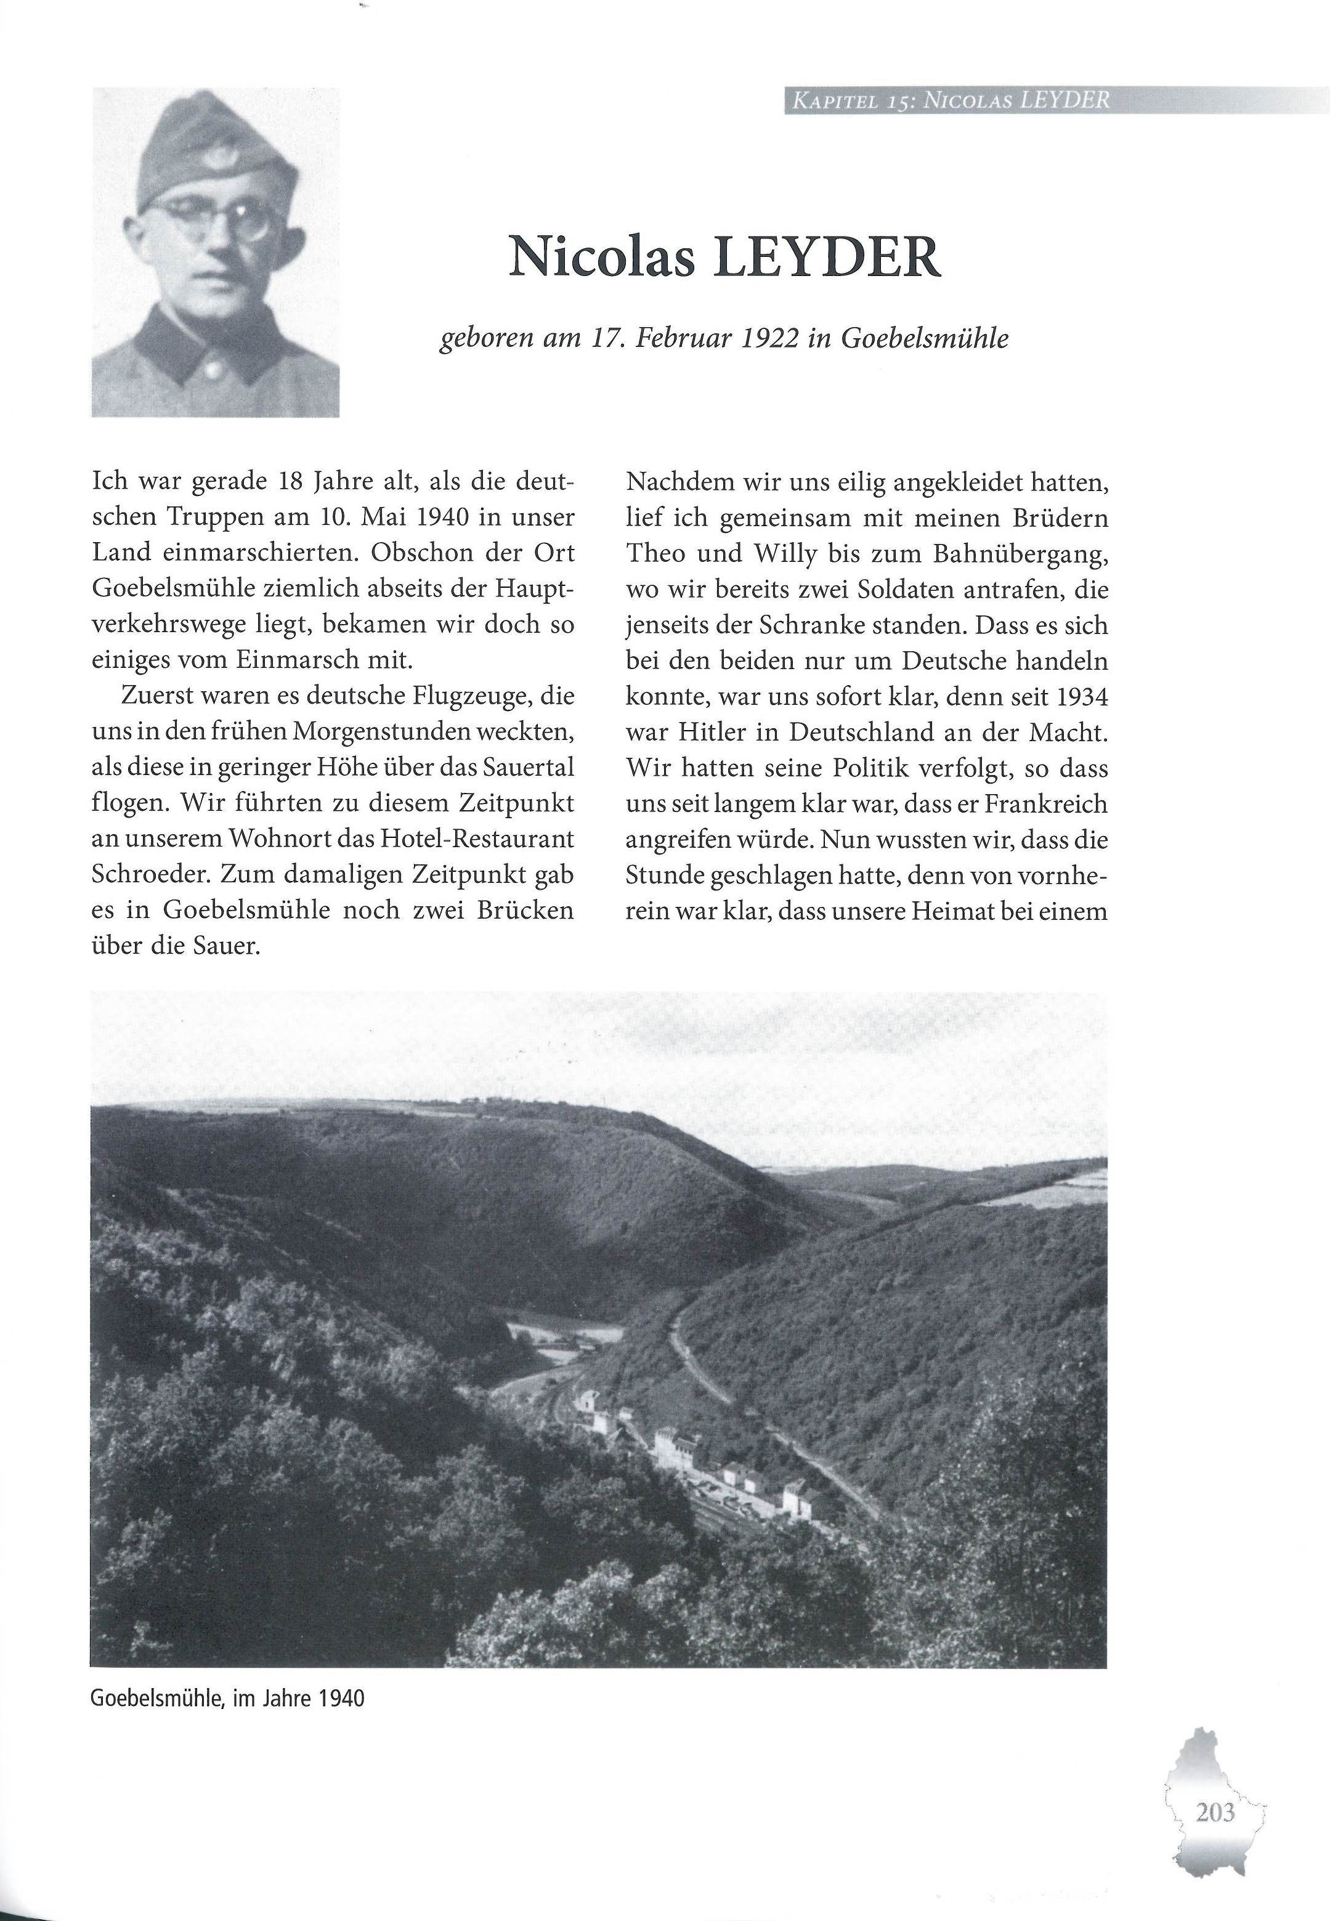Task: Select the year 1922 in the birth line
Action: [763, 339]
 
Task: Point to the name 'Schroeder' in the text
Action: [150, 874]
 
